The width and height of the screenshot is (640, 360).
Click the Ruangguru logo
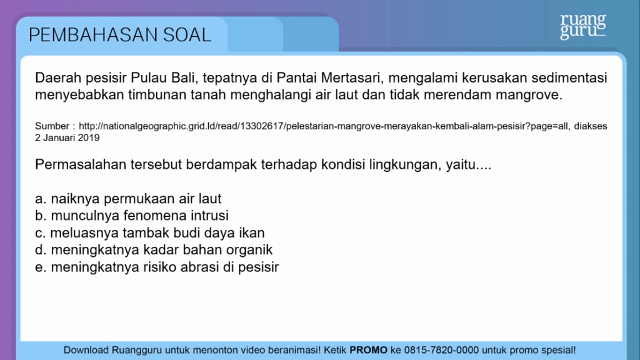pyautogui.click(x=583, y=26)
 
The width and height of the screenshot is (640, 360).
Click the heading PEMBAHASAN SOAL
pyautogui.click(x=120, y=35)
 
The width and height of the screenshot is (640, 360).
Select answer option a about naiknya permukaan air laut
pyautogui.click(x=128, y=199)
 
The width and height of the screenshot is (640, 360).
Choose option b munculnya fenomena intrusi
pyautogui.click(x=132, y=216)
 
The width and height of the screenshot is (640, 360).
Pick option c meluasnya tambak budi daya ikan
pyautogui.click(x=150, y=232)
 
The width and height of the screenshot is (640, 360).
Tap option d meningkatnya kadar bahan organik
pyautogui.click(x=154, y=250)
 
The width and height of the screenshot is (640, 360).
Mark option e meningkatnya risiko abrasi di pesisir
pyautogui.click(x=157, y=267)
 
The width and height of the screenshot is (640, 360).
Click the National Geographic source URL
pyautogui.click(x=323, y=126)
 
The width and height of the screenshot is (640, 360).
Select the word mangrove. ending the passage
pyautogui.click(x=529, y=95)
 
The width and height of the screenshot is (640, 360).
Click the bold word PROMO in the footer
pyautogui.click(x=369, y=350)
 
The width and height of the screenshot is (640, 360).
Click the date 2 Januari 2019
pyautogui.click(x=67, y=138)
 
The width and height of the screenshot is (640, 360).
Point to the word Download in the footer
pyautogui.click(x=86, y=350)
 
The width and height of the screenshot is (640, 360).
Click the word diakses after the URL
pyautogui.click(x=591, y=126)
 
